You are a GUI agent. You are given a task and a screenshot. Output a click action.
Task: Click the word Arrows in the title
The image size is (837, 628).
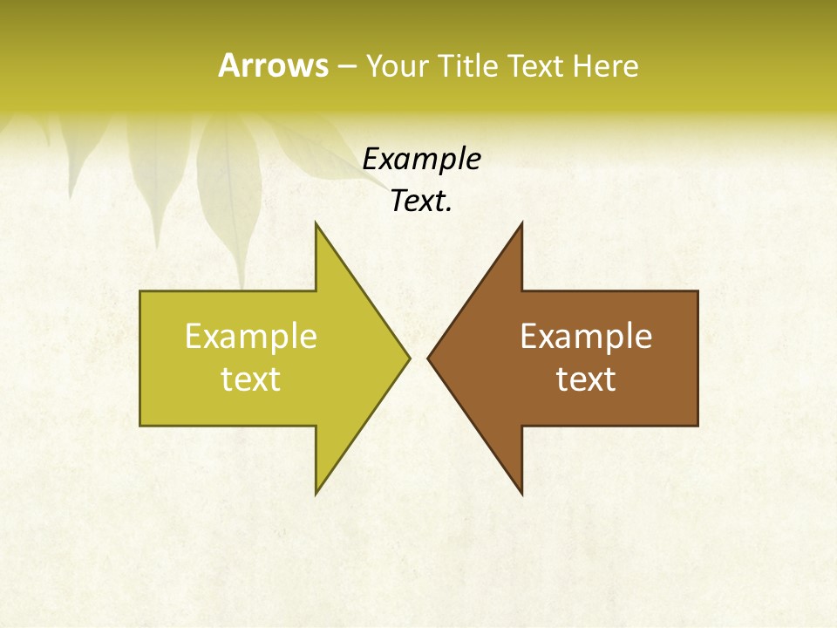pyautogui.click(x=272, y=65)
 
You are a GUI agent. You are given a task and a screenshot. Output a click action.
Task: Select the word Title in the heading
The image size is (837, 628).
pyautogui.click(x=472, y=65)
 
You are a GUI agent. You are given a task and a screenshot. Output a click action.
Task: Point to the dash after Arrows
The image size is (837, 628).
pyautogui.click(x=346, y=66)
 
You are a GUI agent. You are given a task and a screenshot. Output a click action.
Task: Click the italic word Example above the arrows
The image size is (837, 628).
pyautogui.click(x=421, y=159)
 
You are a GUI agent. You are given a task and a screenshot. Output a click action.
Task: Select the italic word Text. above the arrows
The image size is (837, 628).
pyautogui.click(x=421, y=201)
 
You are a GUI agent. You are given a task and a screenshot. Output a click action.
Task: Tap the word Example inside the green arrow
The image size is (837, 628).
pyautogui.click(x=251, y=336)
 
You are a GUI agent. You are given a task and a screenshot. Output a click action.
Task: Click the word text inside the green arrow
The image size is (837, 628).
pyautogui.click(x=251, y=379)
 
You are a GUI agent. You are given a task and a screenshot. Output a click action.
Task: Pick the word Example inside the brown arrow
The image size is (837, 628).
pyautogui.click(x=586, y=336)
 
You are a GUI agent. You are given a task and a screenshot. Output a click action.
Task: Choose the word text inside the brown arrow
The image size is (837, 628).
pyautogui.click(x=586, y=379)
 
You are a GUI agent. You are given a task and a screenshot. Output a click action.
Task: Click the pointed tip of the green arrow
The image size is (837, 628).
pyautogui.click(x=409, y=358)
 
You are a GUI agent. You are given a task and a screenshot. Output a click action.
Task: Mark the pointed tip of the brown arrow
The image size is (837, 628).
pyautogui.click(x=428, y=358)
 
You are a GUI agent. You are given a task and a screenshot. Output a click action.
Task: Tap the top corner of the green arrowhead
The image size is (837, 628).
pyautogui.click(x=316, y=223)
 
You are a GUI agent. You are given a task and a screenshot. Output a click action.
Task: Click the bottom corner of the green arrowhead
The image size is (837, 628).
pyautogui.click(x=316, y=494)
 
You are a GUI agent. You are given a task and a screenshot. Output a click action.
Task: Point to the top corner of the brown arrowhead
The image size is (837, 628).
pyautogui.click(x=521, y=223)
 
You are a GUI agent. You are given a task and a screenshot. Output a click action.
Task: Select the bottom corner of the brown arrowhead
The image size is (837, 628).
pyautogui.click(x=521, y=494)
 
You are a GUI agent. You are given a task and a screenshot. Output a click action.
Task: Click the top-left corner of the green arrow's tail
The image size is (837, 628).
pyautogui.click(x=141, y=291)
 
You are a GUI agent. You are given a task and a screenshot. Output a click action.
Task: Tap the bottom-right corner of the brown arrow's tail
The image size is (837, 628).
pyautogui.click(x=697, y=425)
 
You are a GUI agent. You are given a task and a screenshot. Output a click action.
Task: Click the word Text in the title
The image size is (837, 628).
pyautogui.click(x=535, y=65)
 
